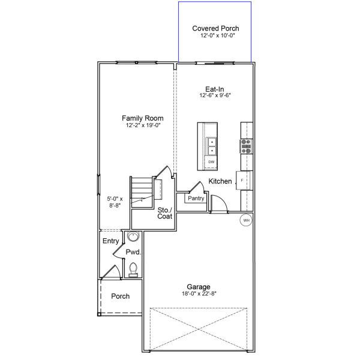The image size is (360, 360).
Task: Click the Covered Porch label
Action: point(215,28)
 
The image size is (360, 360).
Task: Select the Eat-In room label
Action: point(215,89)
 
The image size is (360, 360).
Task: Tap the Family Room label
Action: point(142,118)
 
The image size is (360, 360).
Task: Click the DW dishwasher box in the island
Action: point(211,162)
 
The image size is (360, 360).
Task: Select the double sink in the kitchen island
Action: point(212,146)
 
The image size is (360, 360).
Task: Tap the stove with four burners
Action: point(246,146)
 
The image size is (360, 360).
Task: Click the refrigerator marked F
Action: point(242,180)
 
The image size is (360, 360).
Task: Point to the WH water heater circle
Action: point(245,221)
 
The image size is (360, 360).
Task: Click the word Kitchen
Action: point(220,181)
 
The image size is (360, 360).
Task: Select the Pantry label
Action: point(196,198)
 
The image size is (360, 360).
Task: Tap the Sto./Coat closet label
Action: point(165,214)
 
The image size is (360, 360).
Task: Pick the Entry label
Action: point(110,241)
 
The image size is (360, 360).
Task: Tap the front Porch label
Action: point(121,296)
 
